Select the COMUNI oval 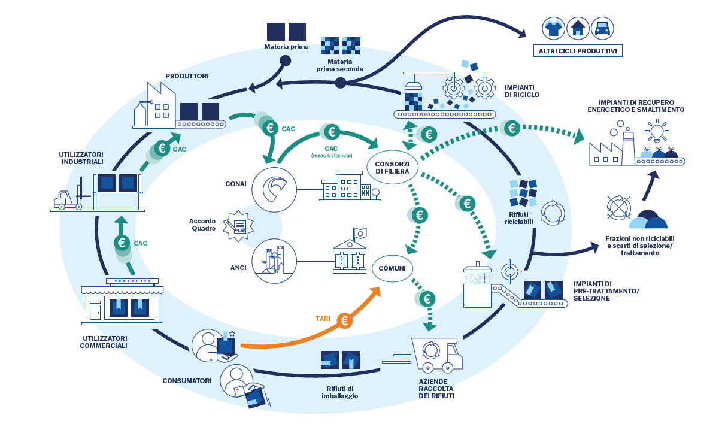[x=392, y=268]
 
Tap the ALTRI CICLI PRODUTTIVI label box [x=578, y=50]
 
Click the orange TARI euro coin [x=345, y=321]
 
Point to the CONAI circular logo [x=274, y=188]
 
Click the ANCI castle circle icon [x=274, y=262]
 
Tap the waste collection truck [x=436, y=354]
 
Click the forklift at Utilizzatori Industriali [x=66, y=200]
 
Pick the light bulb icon [x=656, y=131]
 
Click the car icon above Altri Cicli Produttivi [x=602, y=28]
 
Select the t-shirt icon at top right [x=554, y=28]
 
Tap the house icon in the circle [x=578, y=28]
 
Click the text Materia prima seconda [x=339, y=65]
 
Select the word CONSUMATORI [x=187, y=381]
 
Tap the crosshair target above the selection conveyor [x=509, y=271]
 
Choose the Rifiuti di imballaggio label [x=339, y=392]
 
